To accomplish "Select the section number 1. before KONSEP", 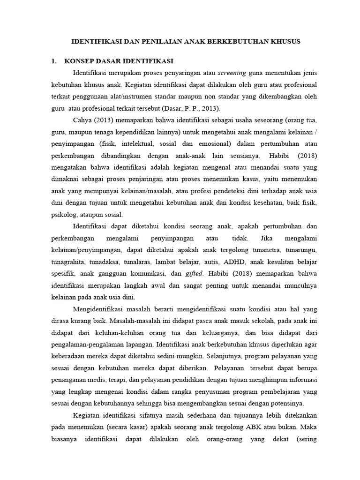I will [x=54, y=61].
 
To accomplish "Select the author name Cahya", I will [x=83, y=121].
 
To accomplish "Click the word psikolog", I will [x=65, y=215].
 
